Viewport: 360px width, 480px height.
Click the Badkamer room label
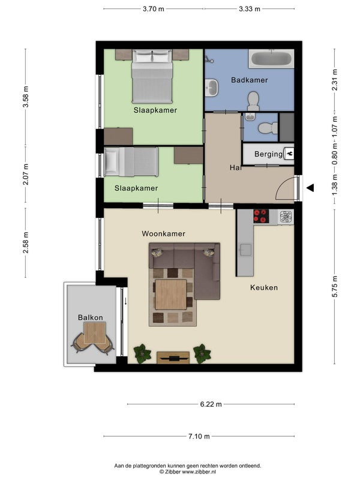249,80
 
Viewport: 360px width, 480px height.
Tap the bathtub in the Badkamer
272,58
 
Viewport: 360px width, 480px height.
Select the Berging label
268,154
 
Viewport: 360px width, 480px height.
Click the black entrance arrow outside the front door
310,188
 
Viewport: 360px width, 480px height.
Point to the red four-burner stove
261,216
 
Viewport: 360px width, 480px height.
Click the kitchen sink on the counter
245,250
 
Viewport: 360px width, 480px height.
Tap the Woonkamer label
163,234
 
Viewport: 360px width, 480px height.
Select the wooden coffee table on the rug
171,294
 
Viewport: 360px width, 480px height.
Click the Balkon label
91,317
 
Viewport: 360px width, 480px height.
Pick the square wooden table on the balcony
95,332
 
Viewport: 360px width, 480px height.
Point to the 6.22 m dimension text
211,404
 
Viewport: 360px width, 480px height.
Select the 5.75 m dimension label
335,287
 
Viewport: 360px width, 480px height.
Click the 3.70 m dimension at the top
154,9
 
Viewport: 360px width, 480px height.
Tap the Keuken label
264,288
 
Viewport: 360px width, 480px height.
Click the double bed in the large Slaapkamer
152,77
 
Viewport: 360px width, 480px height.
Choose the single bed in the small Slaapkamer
131,162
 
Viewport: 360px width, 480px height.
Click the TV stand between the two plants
173,358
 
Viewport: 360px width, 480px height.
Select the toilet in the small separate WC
268,128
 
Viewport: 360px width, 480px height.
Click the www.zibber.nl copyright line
187,472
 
